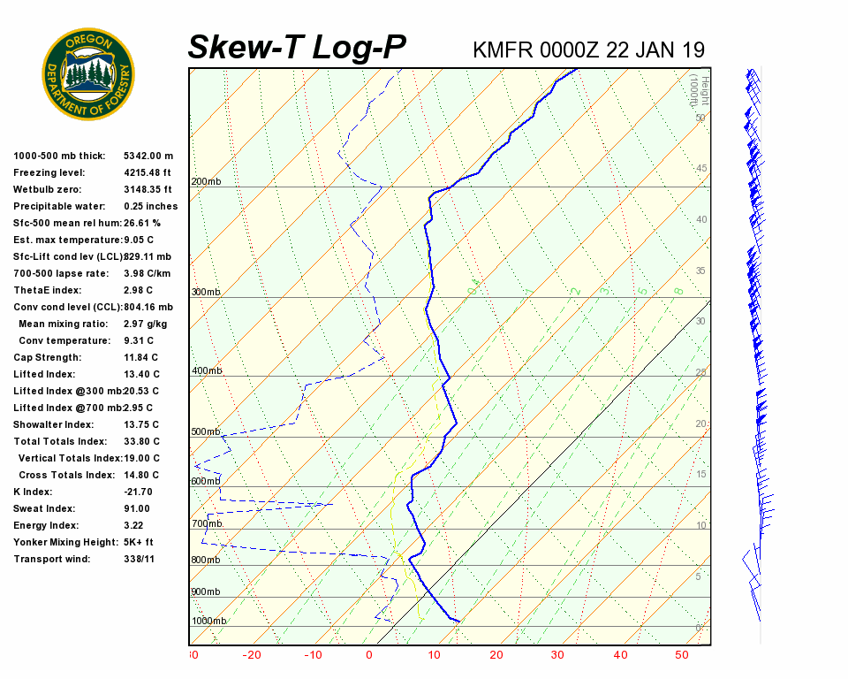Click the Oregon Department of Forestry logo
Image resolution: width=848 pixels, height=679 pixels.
88,73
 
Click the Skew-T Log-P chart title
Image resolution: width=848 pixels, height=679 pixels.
298,47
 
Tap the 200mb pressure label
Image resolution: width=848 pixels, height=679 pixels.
206,182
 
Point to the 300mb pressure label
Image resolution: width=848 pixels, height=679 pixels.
206,292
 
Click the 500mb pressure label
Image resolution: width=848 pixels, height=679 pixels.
206,431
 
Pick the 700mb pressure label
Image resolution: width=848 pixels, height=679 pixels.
206,524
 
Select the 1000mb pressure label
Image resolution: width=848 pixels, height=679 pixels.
208,621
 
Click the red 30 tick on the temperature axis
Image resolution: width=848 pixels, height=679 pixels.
557,655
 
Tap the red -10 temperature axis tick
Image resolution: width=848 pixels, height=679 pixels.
313,655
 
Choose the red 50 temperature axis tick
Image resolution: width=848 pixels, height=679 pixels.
682,655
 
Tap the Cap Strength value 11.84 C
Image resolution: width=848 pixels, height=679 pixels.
141,358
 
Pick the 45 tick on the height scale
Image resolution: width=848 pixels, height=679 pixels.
701,169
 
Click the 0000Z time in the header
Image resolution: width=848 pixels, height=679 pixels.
572,50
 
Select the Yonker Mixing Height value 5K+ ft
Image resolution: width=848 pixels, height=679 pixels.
139,542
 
